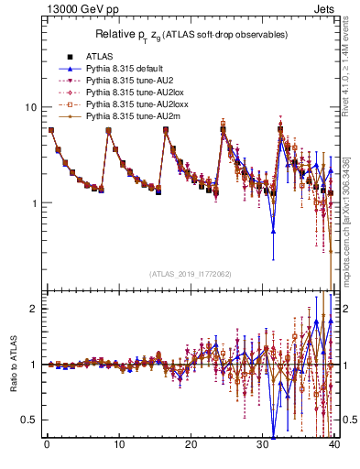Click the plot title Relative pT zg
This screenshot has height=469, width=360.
tap(191, 35)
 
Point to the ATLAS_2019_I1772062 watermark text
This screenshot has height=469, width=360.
tap(190, 274)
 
